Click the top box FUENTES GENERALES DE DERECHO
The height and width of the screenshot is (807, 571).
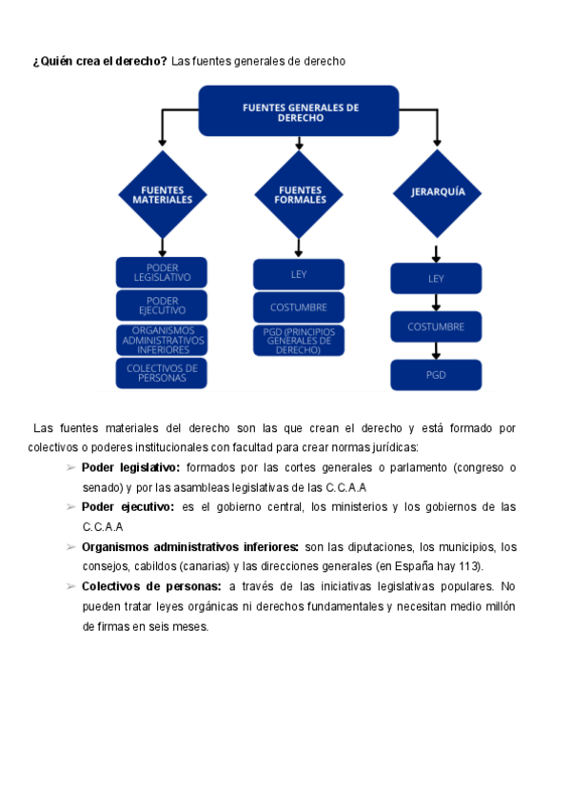[x=299, y=110]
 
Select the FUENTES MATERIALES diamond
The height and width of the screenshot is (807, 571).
[x=162, y=194]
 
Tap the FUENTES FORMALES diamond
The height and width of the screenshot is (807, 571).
[x=299, y=194]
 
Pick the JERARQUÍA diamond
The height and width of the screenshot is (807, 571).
[x=437, y=192]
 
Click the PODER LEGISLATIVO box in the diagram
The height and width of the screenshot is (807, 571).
[x=162, y=272]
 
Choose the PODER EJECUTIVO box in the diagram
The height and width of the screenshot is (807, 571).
[x=162, y=305]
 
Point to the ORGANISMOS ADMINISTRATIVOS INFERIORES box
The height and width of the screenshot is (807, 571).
[x=162, y=340]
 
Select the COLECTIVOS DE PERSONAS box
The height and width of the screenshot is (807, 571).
[x=162, y=373]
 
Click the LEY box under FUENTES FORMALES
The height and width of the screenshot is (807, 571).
[x=299, y=274]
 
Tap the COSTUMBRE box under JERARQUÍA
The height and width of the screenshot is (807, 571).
[x=436, y=326]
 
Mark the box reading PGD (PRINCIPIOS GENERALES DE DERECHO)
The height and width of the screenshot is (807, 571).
[x=299, y=341]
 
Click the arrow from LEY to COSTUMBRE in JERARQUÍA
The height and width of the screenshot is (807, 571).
[x=436, y=303]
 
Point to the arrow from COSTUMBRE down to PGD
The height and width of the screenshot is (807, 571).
[x=436, y=350]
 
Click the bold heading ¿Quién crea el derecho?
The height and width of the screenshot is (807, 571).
[x=100, y=61]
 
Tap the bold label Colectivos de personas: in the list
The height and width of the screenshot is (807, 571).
[x=151, y=586]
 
